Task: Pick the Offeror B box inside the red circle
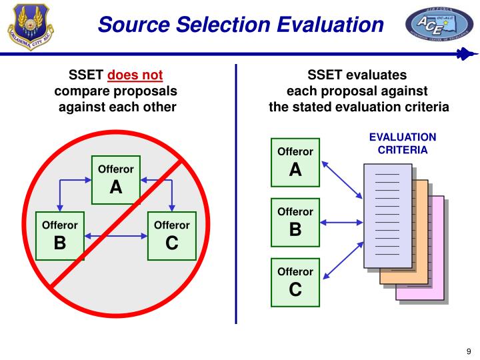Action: pos(60,235)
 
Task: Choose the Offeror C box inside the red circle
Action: pos(171,235)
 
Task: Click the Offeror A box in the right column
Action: pos(295,163)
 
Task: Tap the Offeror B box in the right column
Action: pos(295,223)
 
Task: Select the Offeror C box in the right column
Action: pos(295,282)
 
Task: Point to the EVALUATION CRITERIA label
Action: pos(403,143)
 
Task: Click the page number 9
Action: pos(468,352)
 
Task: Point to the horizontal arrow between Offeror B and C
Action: pos(116,235)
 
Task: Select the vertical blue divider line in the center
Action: pos(236,193)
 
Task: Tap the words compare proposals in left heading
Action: pos(116,91)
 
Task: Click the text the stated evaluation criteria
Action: pos(359,107)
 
